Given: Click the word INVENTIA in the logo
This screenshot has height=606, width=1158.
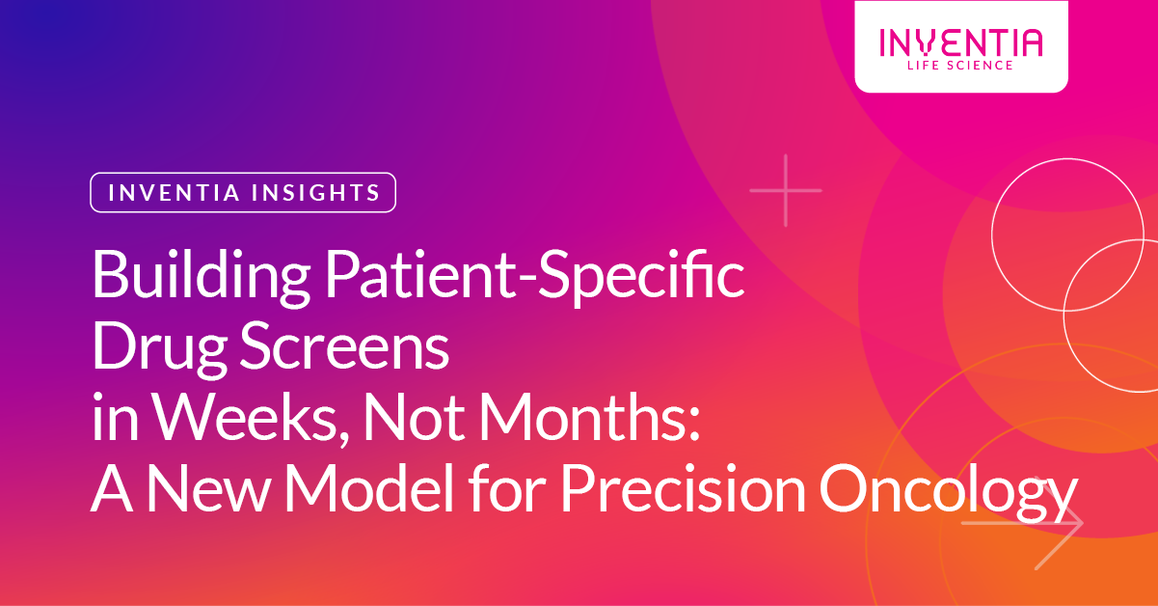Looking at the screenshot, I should (960, 42).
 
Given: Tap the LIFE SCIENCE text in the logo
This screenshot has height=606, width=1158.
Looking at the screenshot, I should (960, 66).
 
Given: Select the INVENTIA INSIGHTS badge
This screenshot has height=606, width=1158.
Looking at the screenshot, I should (243, 192).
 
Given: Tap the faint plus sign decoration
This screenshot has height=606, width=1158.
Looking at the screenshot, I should (786, 190).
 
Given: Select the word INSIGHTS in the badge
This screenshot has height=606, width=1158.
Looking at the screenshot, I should (314, 192).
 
